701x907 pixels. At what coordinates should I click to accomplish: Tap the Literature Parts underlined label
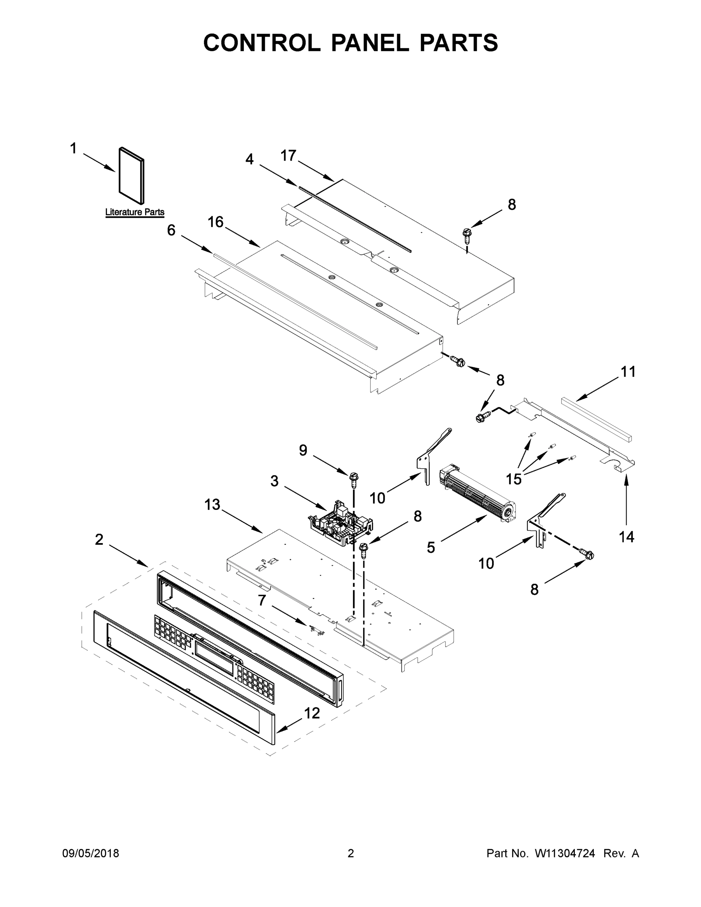135,212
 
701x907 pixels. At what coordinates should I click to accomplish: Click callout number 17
288,156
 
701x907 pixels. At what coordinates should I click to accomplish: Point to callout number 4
249,159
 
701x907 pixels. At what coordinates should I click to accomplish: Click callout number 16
215,222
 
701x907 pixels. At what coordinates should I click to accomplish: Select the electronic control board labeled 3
340,524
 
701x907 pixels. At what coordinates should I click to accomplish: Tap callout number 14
626,537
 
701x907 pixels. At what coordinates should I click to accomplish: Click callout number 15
513,479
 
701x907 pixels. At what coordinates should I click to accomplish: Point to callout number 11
628,372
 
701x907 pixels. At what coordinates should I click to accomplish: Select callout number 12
312,713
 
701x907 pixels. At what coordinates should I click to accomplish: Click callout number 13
212,505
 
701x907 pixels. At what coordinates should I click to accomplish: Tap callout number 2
99,539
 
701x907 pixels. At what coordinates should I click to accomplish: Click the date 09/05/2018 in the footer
91,853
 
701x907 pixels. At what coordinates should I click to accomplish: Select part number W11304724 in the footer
565,853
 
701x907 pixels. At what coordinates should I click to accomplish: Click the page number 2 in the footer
351,853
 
